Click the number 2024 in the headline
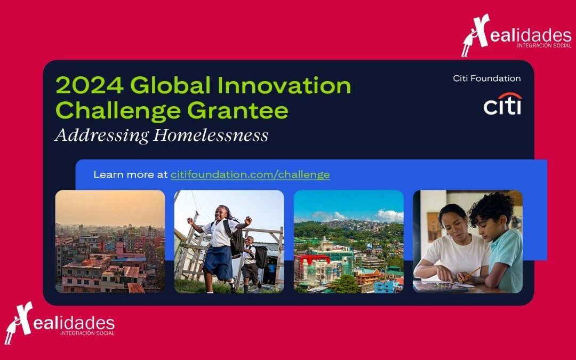tap(89, 85)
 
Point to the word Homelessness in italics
tap(211, 135)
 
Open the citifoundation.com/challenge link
tap(250, 174)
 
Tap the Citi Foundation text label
tap(487, 78)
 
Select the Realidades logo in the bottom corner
tap(60, 323)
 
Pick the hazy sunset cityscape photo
tap(110, 242)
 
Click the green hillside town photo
tap(349, 242)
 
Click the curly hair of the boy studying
tap(491, 207)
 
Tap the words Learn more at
tap(131, 174)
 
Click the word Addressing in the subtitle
tap(102, 135)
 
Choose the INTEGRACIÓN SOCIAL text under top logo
tap(544, 45)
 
